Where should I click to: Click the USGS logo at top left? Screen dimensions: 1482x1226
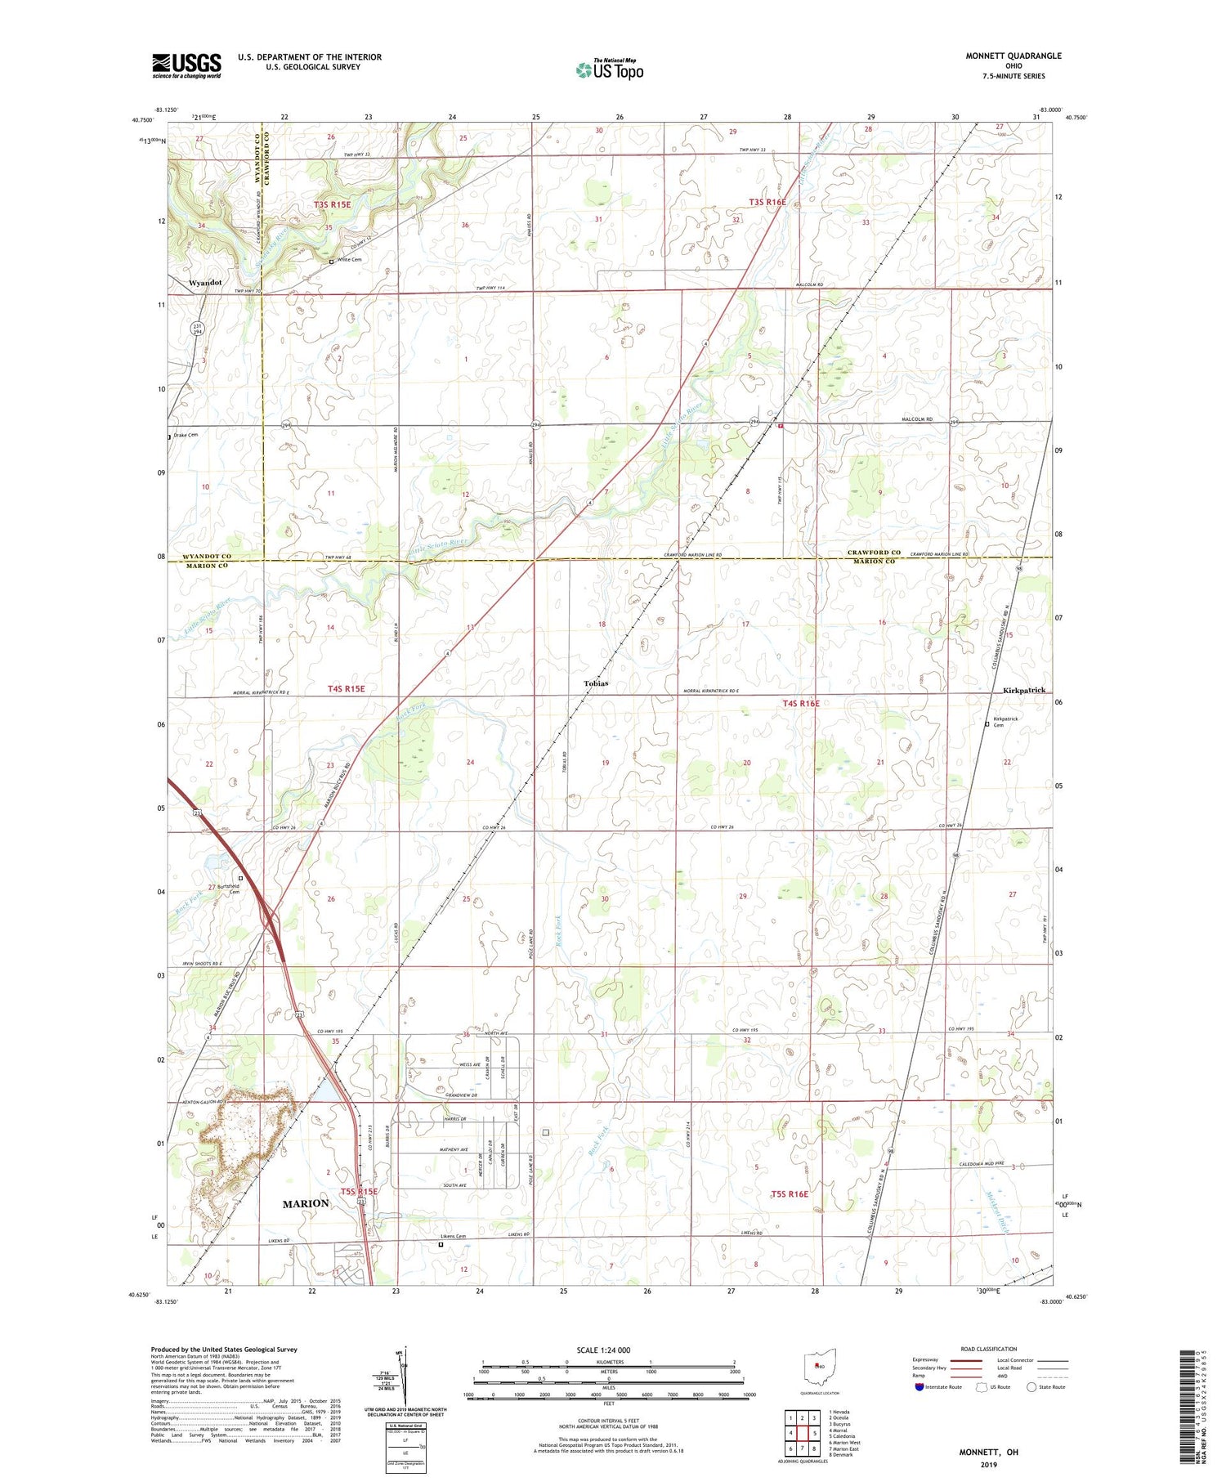tap(186, 65)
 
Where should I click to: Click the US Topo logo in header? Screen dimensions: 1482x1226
tap(609, 69)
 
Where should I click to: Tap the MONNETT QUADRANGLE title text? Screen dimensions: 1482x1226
tap(1013, 56)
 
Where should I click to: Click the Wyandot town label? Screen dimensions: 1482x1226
tap(205, 283)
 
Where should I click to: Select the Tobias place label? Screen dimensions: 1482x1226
tap(595, 683)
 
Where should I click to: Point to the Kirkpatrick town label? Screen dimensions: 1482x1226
tap(1023, 691)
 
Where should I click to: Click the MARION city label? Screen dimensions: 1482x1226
tap(306, 1203)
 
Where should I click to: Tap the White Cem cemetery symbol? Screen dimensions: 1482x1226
tap(331, 262)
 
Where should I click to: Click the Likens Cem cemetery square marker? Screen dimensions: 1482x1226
tap(441, 1245)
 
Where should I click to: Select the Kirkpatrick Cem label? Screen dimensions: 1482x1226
tap(1005, 722)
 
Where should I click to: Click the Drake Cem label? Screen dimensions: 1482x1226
tap(186, 435)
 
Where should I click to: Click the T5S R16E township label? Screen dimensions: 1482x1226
tap(790, 1194)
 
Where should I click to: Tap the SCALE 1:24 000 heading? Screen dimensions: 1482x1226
tap(603, 1350)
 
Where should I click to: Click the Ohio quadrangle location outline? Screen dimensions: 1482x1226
tap(820, 1366)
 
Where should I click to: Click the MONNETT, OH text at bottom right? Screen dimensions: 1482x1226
tap(988, 1452)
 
